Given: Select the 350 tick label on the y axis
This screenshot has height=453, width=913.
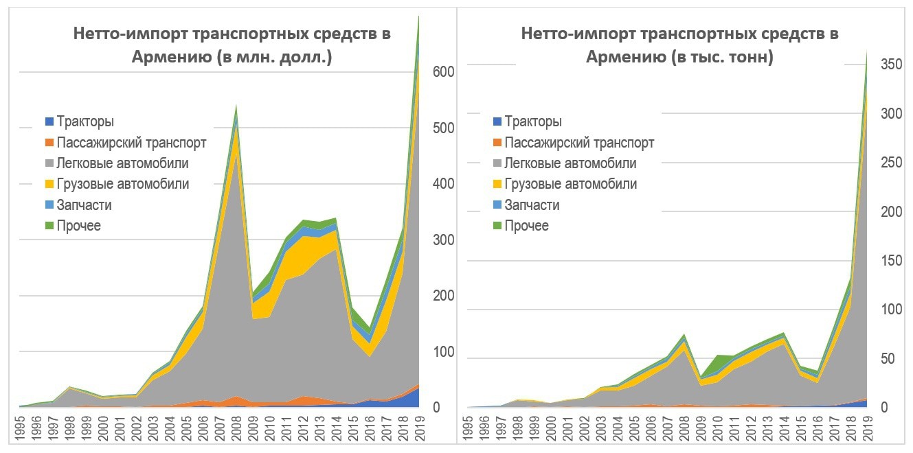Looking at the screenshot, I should point(892,65).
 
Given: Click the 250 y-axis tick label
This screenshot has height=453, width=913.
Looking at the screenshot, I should point(892,163).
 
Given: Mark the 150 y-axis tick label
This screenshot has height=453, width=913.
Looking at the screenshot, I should point(892,261).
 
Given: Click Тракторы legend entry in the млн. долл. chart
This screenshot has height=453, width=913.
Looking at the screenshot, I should point(85,122).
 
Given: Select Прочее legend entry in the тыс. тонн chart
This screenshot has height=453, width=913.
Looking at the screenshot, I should point(526,226).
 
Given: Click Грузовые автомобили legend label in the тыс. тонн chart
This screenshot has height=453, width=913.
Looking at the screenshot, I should point(570,184).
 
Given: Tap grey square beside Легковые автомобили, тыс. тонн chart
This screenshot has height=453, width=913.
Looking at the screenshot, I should point(496,164).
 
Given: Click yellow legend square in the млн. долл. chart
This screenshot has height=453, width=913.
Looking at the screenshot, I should point(49,185).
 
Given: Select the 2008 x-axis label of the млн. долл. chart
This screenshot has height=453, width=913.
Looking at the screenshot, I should point(236,426).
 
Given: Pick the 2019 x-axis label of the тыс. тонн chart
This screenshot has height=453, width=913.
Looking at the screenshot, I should point(868,426).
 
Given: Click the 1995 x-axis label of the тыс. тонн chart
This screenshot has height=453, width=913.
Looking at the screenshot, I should point(467,426).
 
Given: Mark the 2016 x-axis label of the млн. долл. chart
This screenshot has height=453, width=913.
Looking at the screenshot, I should point(370,426).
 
